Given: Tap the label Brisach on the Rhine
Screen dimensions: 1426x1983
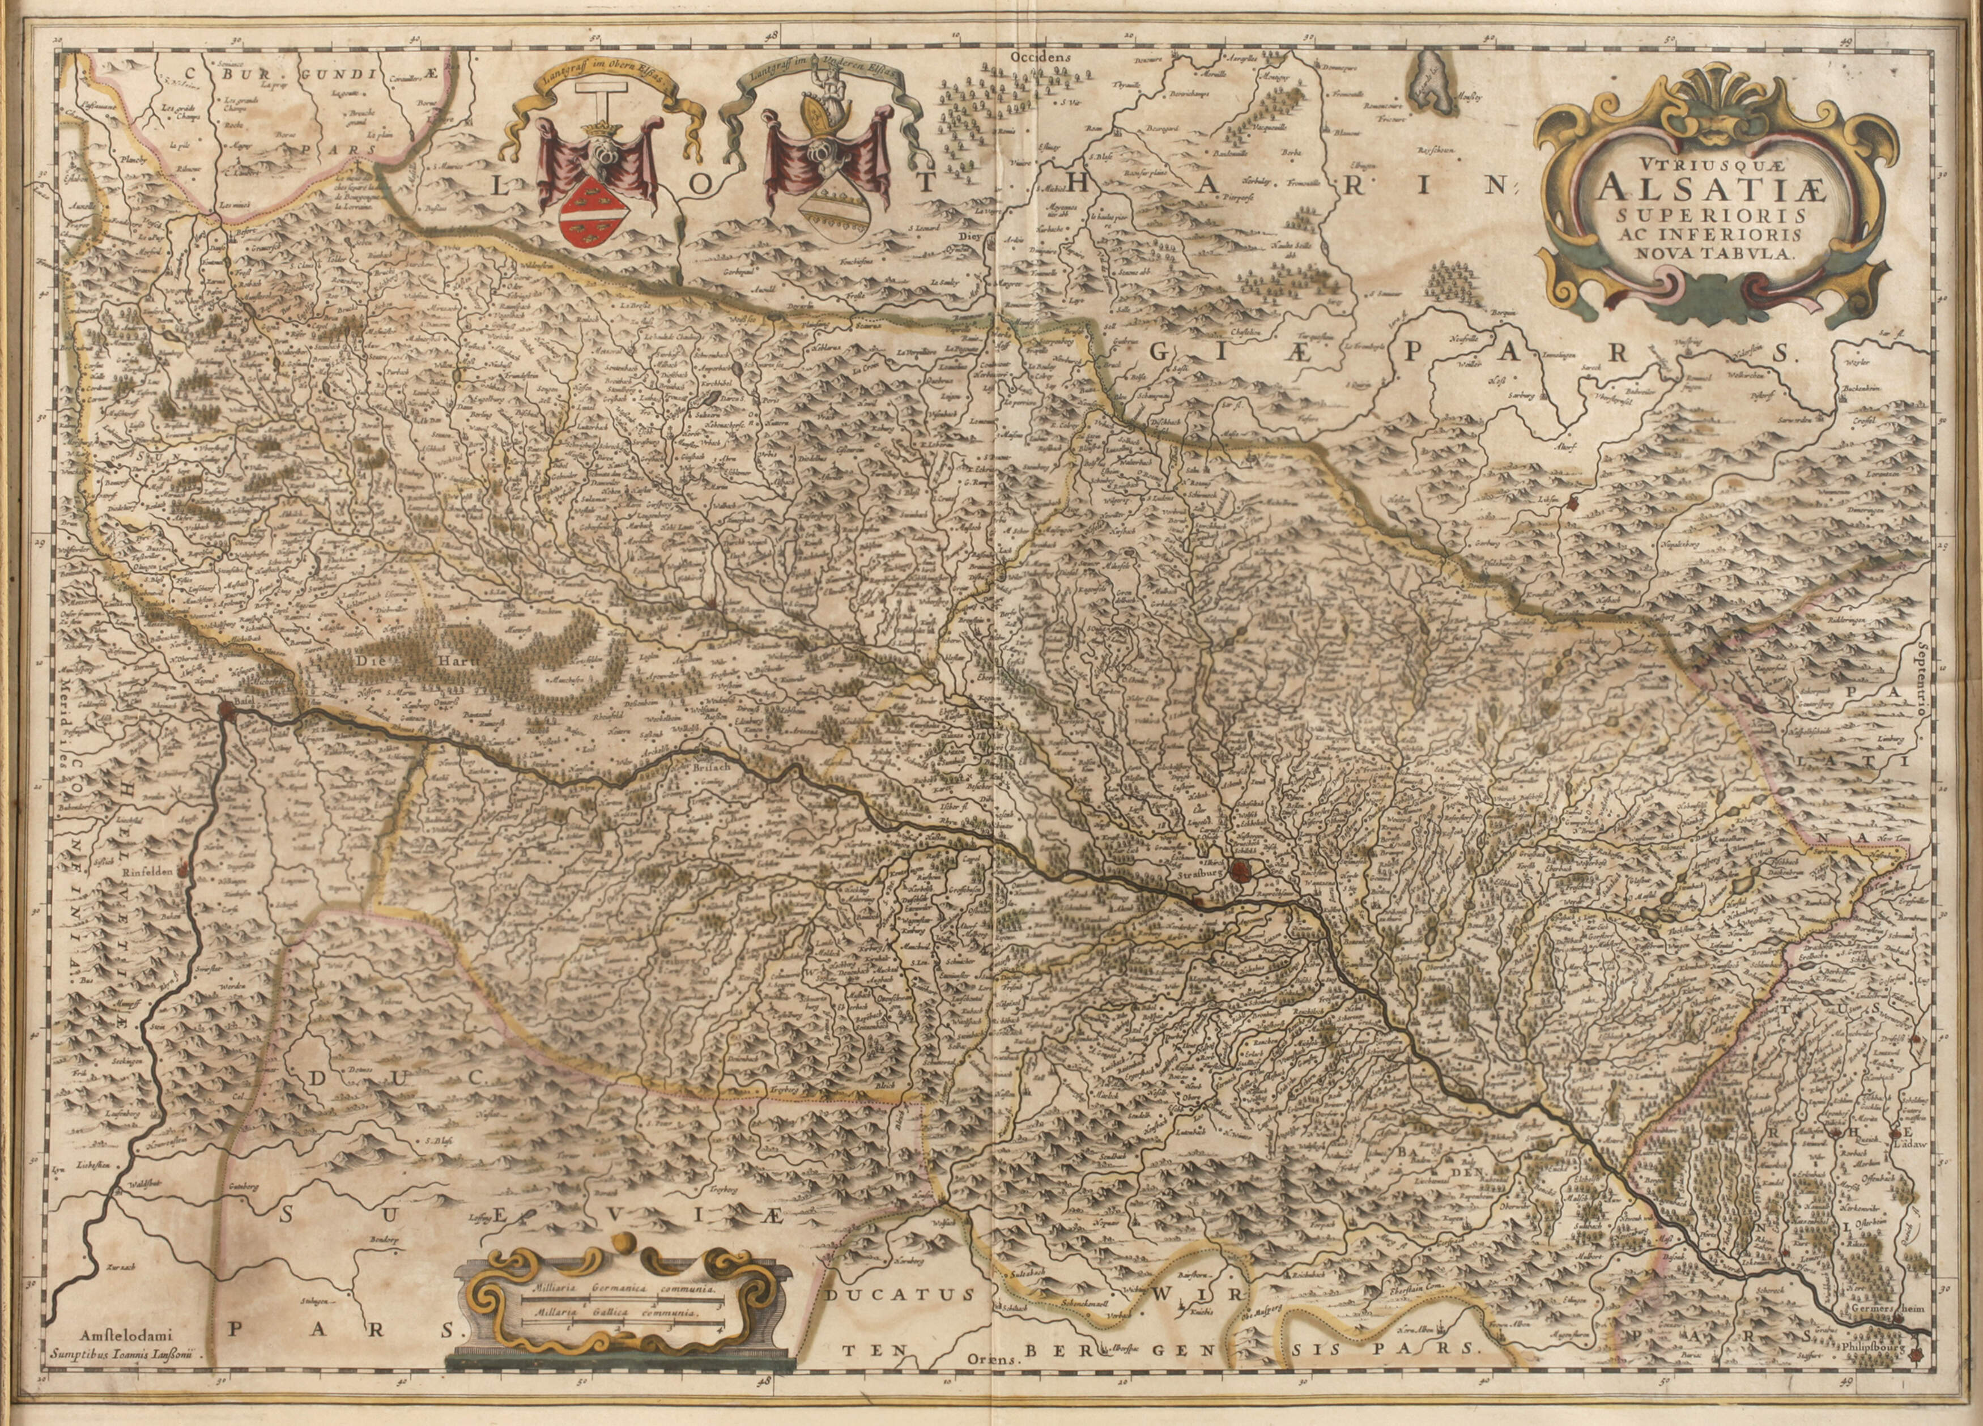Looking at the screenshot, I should click(x=709, y=763).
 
